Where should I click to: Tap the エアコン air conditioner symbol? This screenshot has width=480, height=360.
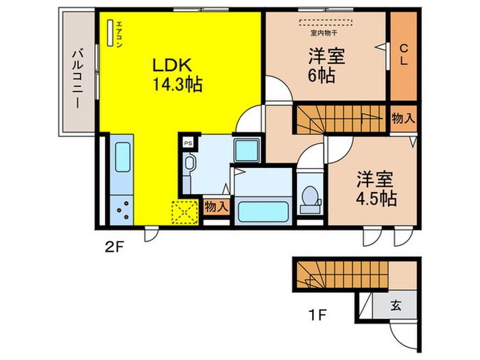point(110,32)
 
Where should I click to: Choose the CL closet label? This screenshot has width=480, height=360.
point(403,53)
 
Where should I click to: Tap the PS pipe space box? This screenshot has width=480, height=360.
point(188,143)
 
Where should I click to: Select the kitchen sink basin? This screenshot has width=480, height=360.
point(123,158)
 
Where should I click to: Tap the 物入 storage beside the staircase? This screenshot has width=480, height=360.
point(403,117)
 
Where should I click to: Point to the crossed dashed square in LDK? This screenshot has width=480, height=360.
point(183,212)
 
